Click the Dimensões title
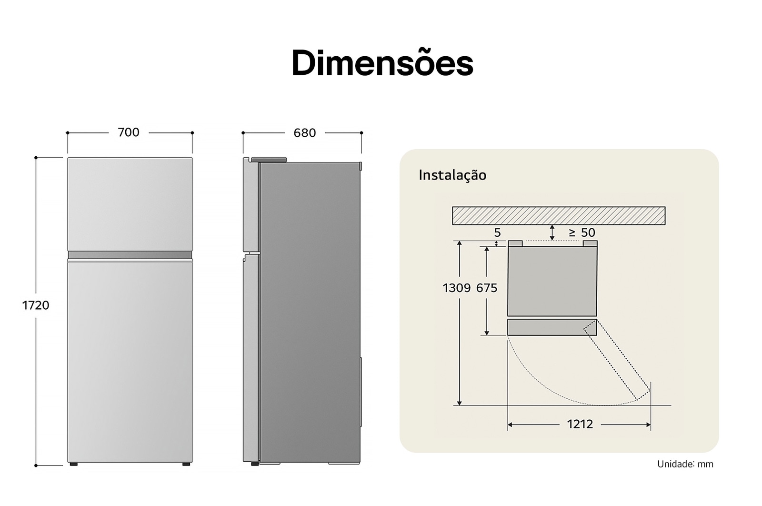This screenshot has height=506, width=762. pyautogui.click(x=382, y=63)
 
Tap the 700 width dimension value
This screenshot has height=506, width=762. pyautogui.click(x=129, y=132)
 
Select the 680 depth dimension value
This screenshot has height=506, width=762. pyautogui.click(x=305, y=133)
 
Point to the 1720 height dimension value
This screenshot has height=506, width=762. pyautogui.click(x=36, y=305)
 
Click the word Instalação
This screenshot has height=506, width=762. pyautogui.click(x=452, y=175)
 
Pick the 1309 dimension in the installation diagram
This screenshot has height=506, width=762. pyautogui.click(x=456, y=288)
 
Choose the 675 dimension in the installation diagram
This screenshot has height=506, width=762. pyautogui.click(x=487, y=288)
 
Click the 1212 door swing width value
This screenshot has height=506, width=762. pyautogui.click(x=580, y=424)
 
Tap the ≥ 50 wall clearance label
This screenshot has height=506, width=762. pyautogui.click(x=582, y=233)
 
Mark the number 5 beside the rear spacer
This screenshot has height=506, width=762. pyautogui.click(x=497, y=233)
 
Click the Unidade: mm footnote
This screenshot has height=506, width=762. pyautogui.click(x=685, y=464)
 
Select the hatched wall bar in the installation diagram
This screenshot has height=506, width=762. pyautogui.click(x=558, y=215)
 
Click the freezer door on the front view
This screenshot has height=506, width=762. pyautogui.click(x=130, y=204)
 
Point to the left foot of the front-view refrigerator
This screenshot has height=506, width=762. pyautogui.click(x=73, y=464)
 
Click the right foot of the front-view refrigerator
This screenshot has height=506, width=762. pyautogui.click(x=186, y=464)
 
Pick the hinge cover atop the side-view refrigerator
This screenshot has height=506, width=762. pyautogui.click(x=269, y=160)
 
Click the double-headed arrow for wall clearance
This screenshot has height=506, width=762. pyautogui.click(x=552, y=233)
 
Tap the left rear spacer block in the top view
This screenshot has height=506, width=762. pyautogui.click(x=515, y=243)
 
